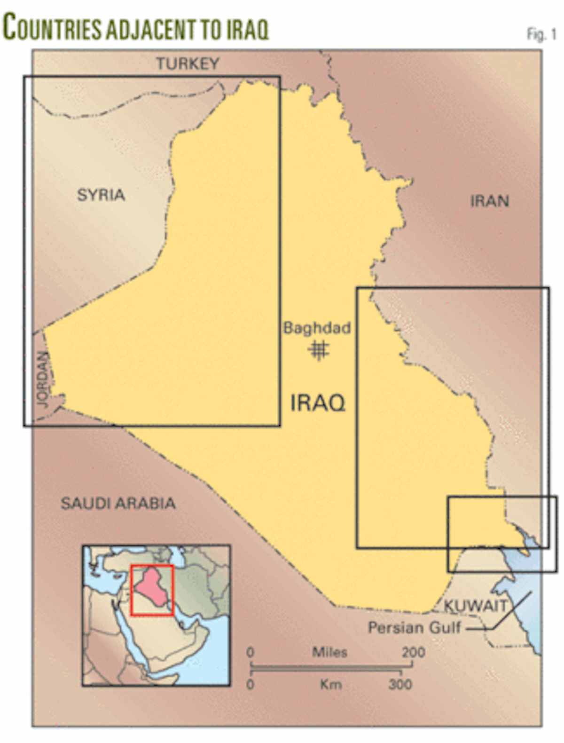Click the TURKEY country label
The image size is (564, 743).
click(x=188, y=64)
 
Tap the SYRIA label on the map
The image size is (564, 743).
click(x=101, y=195)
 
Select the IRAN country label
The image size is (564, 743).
click(x=490, y=201)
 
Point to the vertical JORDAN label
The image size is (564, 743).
click(x=43, y=380)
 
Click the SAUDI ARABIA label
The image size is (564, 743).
click(x=118, y=504)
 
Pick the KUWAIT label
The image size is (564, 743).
click(x=476, y=606)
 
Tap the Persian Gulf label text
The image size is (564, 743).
click(x=415, y=628)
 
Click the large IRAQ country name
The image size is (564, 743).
click(x=318, y=403)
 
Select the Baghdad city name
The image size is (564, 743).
click(x=317, y=328)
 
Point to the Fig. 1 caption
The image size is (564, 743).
click(x=541, y=34)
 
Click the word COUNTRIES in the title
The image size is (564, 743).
click(x=52, y=28)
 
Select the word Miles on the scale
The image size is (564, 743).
click(x=329, y=653)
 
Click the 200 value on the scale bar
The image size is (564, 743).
click(x=413, y=653)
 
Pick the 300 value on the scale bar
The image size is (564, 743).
click(x=400, y=684)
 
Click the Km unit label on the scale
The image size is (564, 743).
click(x=330, y=684)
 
